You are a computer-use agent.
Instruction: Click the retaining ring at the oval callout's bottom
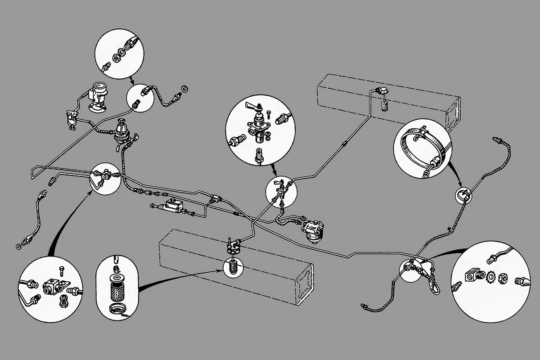coord(115,309)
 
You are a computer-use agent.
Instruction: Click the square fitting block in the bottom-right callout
coord(473,274)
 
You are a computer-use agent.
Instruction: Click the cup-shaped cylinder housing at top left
coord(98,93)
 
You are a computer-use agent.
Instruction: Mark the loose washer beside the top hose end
coord(184,87)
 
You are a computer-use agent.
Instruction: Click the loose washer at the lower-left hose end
coord(18,247)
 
